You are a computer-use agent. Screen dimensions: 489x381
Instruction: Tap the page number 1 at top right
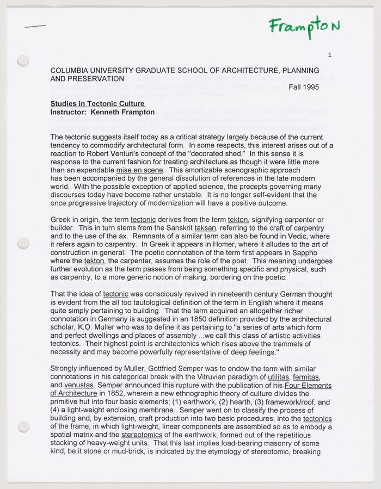click(330, 55)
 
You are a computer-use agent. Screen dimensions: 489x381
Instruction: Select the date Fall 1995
click(304, 87)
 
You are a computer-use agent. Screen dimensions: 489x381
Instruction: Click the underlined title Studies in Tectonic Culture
click(97, 104)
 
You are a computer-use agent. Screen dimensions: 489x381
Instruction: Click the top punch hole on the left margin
click(23, 61)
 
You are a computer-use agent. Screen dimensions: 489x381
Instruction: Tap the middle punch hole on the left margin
click(23, 243)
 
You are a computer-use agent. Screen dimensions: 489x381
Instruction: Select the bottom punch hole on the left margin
click(23, 426)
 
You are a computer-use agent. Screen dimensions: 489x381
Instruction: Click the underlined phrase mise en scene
click(139, 170)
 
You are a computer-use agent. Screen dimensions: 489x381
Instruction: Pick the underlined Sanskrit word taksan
click(205, 228)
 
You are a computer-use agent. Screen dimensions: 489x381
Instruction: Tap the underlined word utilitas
click(278, 376)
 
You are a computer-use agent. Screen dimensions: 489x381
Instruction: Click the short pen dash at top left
click(35, 26)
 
